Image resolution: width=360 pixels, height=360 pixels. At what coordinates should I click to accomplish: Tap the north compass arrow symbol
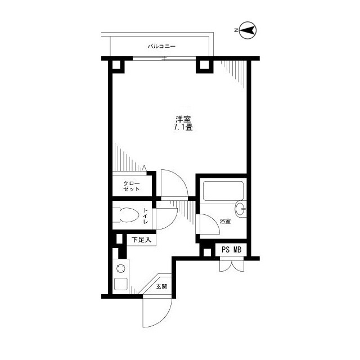(x=248, y=31)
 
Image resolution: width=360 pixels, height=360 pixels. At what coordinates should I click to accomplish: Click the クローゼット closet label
(x=132, y=186)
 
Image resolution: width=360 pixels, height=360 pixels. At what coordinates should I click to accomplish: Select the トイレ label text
(x=145, y=216)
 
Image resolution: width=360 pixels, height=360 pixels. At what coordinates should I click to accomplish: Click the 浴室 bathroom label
(x=225, y=222)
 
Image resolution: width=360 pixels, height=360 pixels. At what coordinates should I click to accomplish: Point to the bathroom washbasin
(x=242, y=209)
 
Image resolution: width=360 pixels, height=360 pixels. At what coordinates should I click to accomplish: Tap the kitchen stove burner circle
(x=120, y=268)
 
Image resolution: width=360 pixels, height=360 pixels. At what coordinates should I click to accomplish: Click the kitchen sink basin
(x=120, y=284)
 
